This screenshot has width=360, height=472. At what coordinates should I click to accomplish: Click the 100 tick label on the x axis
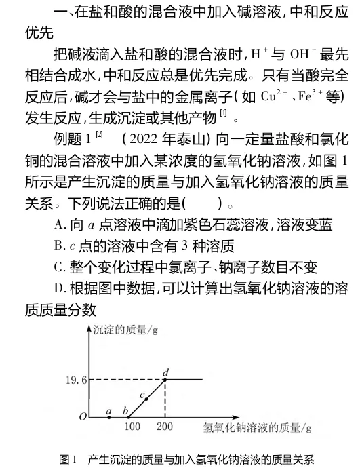(x=133, y=428)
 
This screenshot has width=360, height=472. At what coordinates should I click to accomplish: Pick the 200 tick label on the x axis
(x=165, y=428)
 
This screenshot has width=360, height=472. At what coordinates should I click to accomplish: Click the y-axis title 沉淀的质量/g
(x=123, y=330)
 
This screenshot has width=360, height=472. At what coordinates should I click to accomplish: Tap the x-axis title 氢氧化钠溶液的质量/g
(x=257, y=428)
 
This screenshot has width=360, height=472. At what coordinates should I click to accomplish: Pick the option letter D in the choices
(x=58, y=289)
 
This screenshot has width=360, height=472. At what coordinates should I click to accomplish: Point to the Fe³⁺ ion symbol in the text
(x=309, y=96)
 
